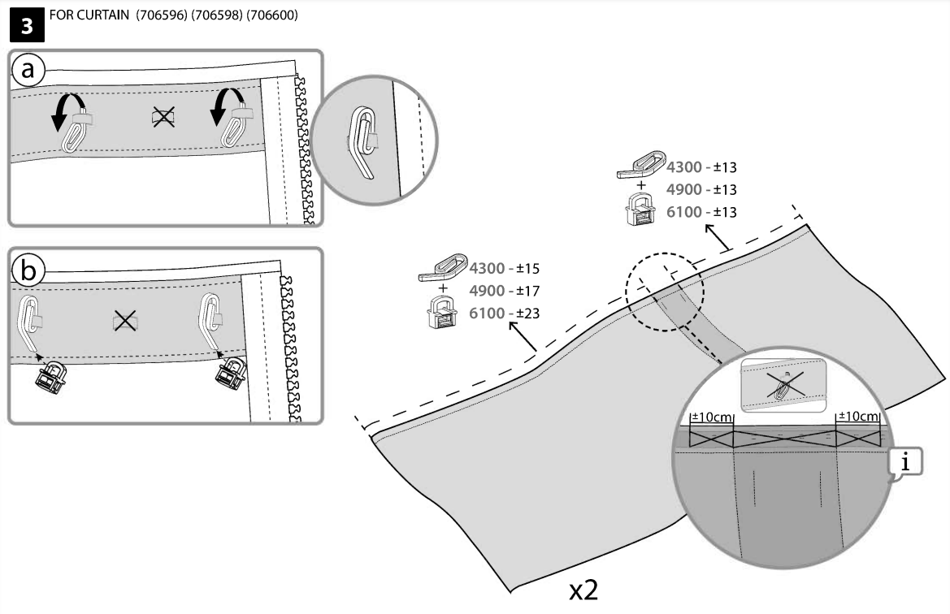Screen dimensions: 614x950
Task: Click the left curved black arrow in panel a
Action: coord(66,111)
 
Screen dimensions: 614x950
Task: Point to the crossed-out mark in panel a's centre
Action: coord(163,119)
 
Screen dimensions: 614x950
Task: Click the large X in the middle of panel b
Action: coord(124,321)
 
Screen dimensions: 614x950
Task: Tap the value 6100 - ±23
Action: coord(505,313)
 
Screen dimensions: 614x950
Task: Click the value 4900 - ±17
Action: coord(505,290)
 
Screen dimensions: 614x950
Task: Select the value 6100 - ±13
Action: coord(701,211)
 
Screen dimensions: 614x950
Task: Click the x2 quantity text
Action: coord(583,589)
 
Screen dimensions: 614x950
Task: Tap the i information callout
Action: coord(907,463)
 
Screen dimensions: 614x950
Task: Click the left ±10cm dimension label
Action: coord(711,417)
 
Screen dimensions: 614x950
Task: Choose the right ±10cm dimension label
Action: coord(858,417)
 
